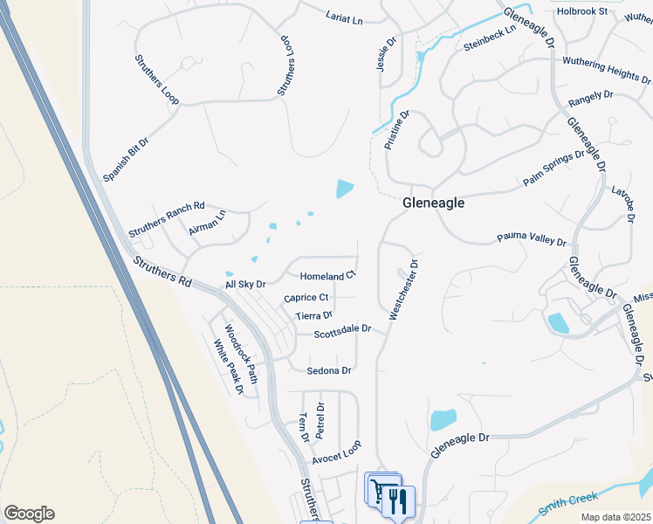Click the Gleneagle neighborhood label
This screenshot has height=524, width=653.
click(434, 203)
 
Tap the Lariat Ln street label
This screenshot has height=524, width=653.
click(344, 17)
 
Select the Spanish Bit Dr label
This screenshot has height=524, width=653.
click(127, 158)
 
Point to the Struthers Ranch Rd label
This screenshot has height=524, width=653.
click(166, 220)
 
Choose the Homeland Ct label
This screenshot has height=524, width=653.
click(327, 276)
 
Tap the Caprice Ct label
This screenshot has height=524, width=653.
click(306, 298)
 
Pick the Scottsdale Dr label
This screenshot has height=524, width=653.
click(343, 332)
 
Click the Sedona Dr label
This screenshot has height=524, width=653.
click(329, 370)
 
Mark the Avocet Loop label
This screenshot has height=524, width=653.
click(336, 453)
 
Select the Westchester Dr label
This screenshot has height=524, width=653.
click(404, 289)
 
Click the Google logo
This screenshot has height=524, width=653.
click(29, 514)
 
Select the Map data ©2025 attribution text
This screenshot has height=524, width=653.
click(616, 517)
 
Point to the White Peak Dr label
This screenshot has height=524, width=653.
click(229, 367)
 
